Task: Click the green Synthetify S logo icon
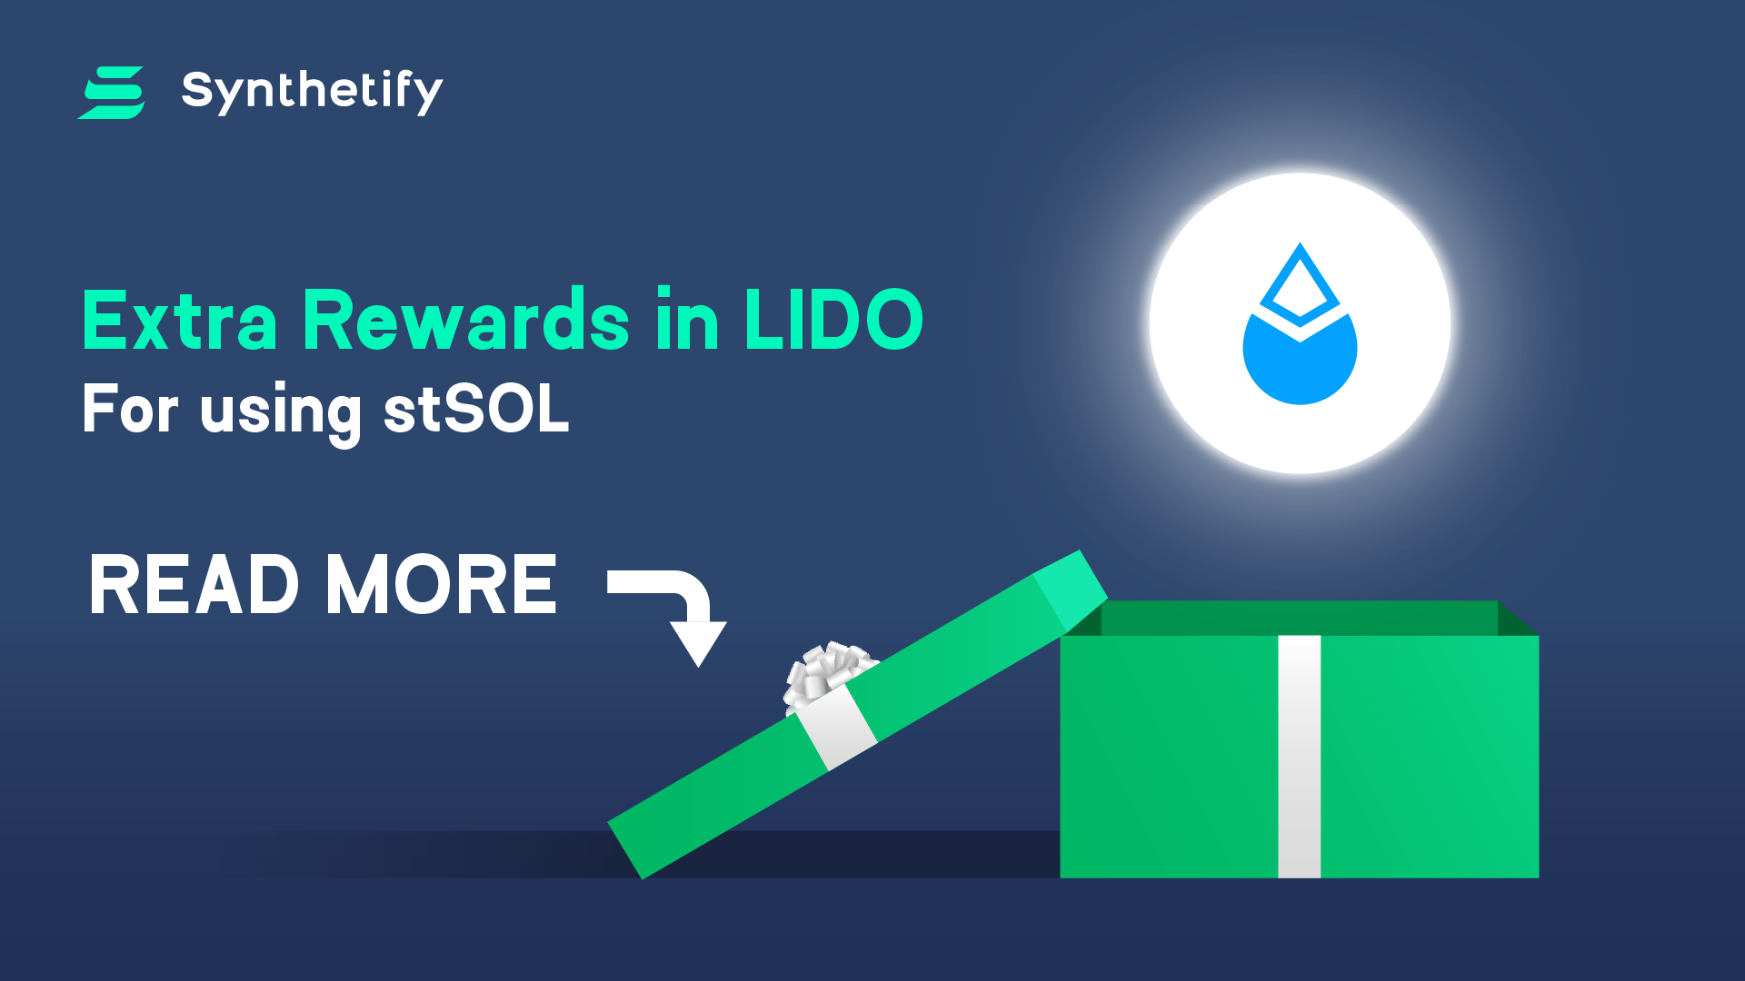pos(112,93)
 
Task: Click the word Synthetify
pos(313,91)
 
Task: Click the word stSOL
pos(476,410)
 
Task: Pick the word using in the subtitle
pos(281,414)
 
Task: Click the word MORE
pos(442,585)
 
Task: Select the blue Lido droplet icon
pos(1300,324)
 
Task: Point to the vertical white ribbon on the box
pos(1300,757)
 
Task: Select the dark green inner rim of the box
pos(1300,618)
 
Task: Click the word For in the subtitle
pos(130,410)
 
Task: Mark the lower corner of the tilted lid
pos(642,878)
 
